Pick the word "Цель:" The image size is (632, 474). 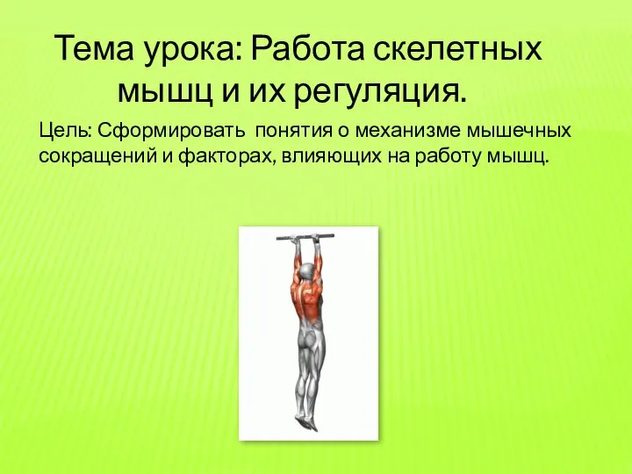point(65,133)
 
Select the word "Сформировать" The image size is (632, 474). point(172,133)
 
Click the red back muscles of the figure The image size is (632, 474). point(307,303)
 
